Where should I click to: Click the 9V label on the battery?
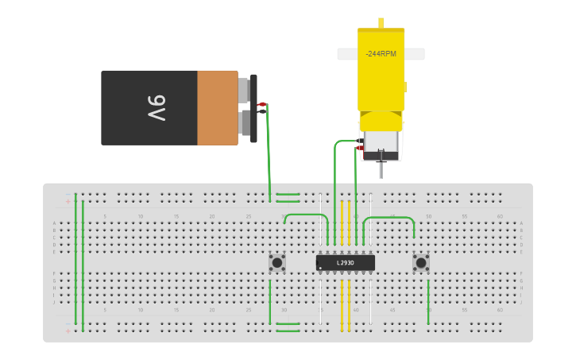pyautogui.click(x=157, y=108)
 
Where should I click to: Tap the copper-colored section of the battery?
pyautogui.click(x=217, y=108)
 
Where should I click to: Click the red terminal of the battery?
pyautogui.click(x=261, y=104)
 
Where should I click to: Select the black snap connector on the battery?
pyautogui.click(x=253, y=108)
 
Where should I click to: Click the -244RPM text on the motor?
pyautogui.click(x=381, y=54)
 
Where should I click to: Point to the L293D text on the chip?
pyautogui.click(x=345, y=262)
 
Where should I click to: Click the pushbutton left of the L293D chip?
pyautogui.click(x=277, y=262)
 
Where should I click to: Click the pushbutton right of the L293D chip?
pyautogui.click(x=421, y=262)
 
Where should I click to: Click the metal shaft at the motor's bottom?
pyautogui.click(x=381, y=169)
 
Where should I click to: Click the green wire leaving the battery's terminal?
pyautogui.click(x=269, y=151)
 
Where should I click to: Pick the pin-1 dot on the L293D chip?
pyautogui.click(x=321, y=269)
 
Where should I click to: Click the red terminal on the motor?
pyautogui.click(x=359, y=147)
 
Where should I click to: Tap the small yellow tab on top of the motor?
pyautogui.click(x=381, y=23)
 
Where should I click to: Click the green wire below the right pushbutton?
pyautogui.click(x=428, y=302)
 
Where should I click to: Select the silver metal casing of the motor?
pyautogui.click(x=381, y=146)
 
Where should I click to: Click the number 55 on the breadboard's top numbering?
pyautogui.click(x=464, y=216)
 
